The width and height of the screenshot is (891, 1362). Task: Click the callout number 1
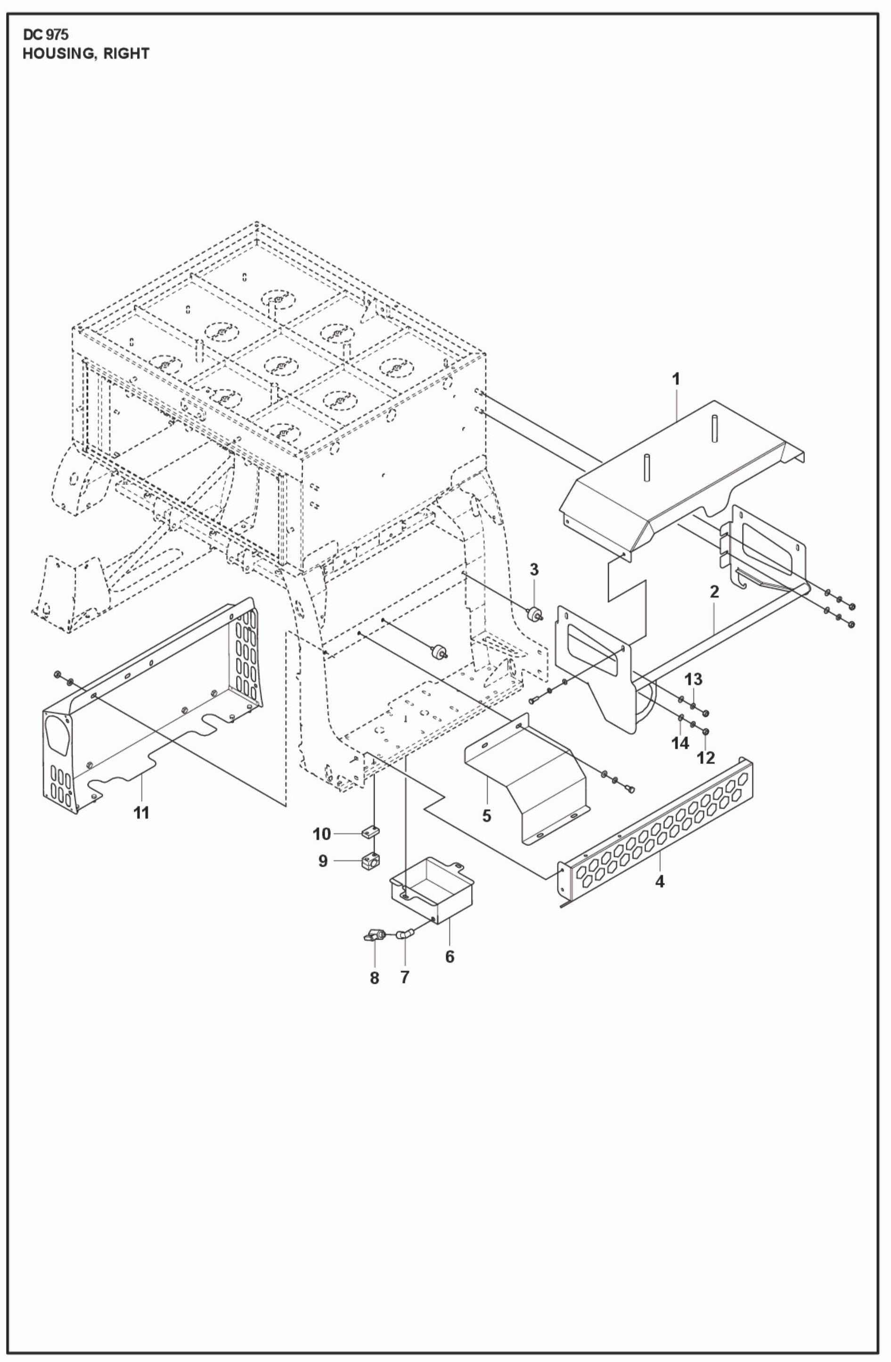[x=676, y=379]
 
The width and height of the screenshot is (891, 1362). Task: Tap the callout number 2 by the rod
[x=714, y=592]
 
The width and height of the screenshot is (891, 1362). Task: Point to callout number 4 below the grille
[x=660, y=882]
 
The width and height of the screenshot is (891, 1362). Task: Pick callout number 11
[x=141, y=812]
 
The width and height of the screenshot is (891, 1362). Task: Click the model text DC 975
[x=45, y=35]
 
